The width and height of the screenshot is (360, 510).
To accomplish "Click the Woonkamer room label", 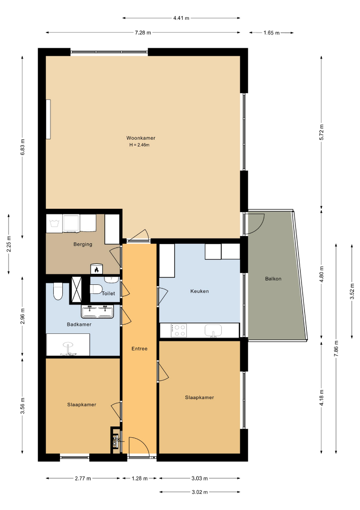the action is [x=141, y=138].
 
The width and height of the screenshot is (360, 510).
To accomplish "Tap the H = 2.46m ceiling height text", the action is [x=139, y=145].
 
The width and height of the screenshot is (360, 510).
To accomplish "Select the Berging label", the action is [x=83, y=244].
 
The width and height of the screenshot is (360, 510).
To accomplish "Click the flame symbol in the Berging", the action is [x=97, y=269].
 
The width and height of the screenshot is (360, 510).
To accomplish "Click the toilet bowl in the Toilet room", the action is [x=96, y=289].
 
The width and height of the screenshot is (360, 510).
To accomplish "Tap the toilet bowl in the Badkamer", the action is [x=58, y=291].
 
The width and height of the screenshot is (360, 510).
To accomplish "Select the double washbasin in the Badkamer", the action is [x=97, y=312].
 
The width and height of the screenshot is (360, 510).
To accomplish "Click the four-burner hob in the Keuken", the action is [x=179, y=330].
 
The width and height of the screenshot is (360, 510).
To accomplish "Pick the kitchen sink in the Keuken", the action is [x=213, y=331].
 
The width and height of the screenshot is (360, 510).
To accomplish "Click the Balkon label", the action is [x=273, y=279].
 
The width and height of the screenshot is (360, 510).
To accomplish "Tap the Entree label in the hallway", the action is [x=139, y=348].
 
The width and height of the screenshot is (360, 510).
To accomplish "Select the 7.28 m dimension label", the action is [x=143, y=33].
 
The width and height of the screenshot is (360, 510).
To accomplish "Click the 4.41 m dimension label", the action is [x=181, y=18].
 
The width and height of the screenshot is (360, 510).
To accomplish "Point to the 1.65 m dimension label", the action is [x=272, y=33].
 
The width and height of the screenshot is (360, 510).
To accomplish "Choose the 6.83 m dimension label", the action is [x=23, y=147].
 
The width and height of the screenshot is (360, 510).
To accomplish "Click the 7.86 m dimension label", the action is [x=336, y=348].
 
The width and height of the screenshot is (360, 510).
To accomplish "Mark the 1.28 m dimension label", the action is [x=140, y=478].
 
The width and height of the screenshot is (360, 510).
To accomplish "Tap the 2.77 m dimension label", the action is [x=83, y=478].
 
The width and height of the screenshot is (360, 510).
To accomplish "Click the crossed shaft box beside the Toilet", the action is [x=76, y=289].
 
